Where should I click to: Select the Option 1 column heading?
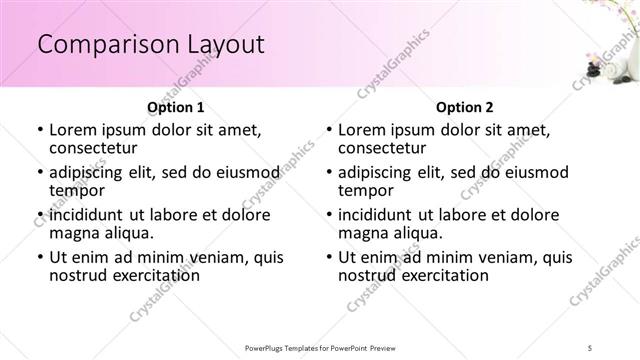click(x=175, y=106)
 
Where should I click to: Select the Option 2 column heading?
click(x=464, y=106)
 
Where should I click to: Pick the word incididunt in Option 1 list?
click(x=89, y=215)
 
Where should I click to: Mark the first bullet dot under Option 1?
click(x=40, y=131)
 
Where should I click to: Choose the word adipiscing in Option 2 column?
click(x=381, y=172)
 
